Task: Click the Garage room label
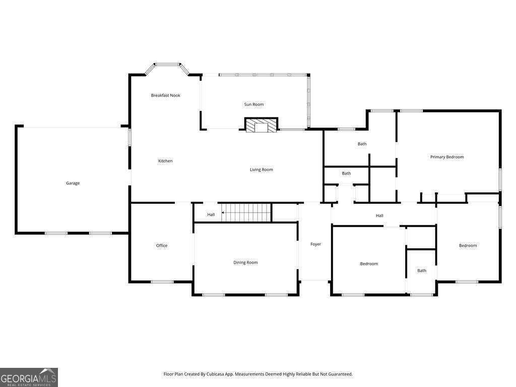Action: [x=73, y=183]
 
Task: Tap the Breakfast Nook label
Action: [x=165, y=95]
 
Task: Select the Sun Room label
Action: [x=254, y=104]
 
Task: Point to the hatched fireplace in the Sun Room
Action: [x=261, y=125]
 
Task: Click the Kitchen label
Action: [x=165, y=161]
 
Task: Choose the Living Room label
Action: [x=261, y=170]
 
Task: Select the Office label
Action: [x=162, y=246]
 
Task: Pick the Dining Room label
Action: [x=245, y=263]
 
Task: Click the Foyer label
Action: [x=315, y=244]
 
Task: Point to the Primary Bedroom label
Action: [x=446, y=157]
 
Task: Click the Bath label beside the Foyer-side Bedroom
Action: [x=422, y=271]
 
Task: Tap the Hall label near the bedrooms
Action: [x=379, y=216]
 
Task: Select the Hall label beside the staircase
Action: [x=211, y=215]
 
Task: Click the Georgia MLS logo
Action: [x=29, y=377]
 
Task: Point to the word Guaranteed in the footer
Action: [x=339, y=374]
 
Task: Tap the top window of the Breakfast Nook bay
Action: [x=167, y=64]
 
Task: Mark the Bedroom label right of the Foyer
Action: [x=369, y=264]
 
